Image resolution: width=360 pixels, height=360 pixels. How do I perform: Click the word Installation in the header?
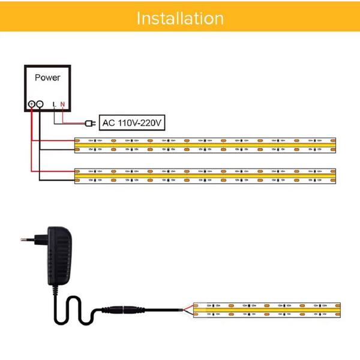pos(180,18)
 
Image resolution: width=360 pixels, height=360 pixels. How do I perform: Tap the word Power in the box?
pos(47,77)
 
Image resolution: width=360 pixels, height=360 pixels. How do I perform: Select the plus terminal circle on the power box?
pos(32,104)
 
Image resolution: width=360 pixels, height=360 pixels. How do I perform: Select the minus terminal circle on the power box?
pos(40,104)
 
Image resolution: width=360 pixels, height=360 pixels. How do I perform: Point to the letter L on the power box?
pos(55,104)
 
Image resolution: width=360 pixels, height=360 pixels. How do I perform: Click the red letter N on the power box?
pos(62,104)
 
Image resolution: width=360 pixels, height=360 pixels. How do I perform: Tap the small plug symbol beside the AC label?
pos(92,124)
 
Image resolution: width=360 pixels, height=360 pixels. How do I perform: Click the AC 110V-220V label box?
pos(131,123)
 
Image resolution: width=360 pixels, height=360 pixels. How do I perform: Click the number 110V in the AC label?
pos(128,123)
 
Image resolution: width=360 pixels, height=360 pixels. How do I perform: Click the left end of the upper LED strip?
pos(77,144)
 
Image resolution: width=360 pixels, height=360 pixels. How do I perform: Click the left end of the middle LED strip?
pos(77,175)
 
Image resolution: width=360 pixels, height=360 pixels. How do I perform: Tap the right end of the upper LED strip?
pos(334,144)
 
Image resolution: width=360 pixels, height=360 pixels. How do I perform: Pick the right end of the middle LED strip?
pos(334,175)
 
